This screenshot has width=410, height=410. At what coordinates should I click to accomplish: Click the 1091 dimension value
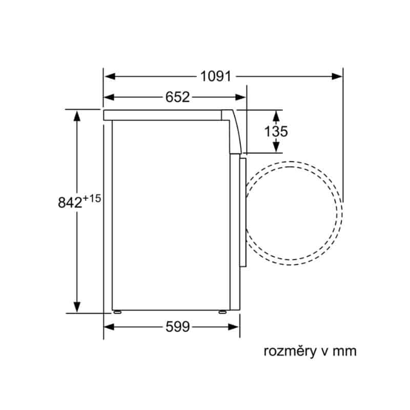216,76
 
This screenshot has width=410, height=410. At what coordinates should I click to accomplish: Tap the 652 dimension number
177,97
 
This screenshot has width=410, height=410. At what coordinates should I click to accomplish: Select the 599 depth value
177,326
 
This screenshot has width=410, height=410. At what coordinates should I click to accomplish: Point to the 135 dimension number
276,131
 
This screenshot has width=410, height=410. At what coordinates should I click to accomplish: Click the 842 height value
70,202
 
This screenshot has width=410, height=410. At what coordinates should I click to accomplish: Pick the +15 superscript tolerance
92,198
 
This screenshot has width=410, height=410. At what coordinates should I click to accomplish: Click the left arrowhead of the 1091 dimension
110,76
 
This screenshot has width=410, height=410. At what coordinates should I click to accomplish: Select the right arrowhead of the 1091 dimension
337,76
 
